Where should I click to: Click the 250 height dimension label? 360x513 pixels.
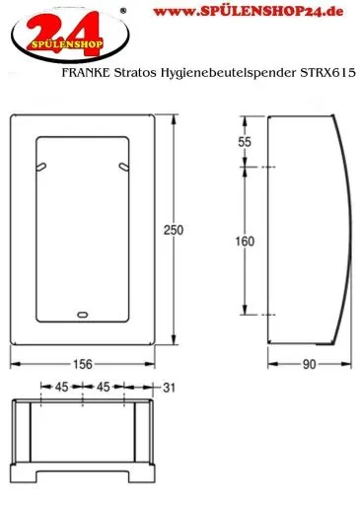[174, 230]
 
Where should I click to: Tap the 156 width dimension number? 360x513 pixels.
[82, 364]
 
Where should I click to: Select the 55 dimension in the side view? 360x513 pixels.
[245, 142]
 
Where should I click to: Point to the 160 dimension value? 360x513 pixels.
[245, 242]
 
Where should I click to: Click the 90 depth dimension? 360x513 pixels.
[309, 364]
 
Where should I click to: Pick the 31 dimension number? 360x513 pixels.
[169, 388]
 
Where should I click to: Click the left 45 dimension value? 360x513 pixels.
[61, 387]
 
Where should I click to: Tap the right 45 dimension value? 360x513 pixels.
[104, 387]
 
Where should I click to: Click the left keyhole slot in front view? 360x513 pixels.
[40, 167]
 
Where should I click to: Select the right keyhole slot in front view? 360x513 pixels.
[124, 167]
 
